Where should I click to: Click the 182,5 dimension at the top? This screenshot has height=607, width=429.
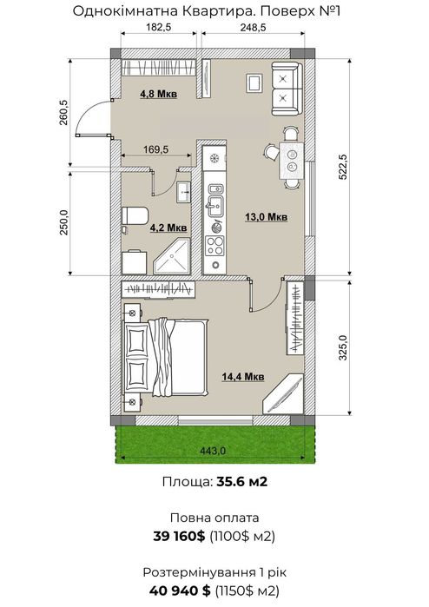[159, 27]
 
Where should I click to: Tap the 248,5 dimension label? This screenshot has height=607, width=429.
[254, 27]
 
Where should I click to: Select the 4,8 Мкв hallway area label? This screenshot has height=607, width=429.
[159, 94]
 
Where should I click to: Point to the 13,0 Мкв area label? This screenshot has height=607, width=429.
[267, 217]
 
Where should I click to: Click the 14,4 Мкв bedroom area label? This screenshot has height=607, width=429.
[243, 376]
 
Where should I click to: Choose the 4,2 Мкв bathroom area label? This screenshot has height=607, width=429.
[168, 228]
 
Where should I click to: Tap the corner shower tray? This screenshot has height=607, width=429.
[172, 256]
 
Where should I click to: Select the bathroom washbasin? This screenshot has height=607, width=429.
[184, 192]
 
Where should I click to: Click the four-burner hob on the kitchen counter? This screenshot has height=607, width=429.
[214, 246]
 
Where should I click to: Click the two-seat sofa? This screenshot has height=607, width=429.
[286, 88]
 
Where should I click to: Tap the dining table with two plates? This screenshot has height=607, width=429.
[291, 161]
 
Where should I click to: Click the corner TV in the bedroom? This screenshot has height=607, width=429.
[283, 394]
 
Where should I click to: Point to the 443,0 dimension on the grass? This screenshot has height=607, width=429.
[214, 451]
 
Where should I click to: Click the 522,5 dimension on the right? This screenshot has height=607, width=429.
[343, 167]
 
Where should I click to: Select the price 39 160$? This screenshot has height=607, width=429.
[179, 537]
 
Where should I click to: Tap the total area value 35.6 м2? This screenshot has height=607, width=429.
[242, 482]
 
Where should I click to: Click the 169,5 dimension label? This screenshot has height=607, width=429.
[156, 149]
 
